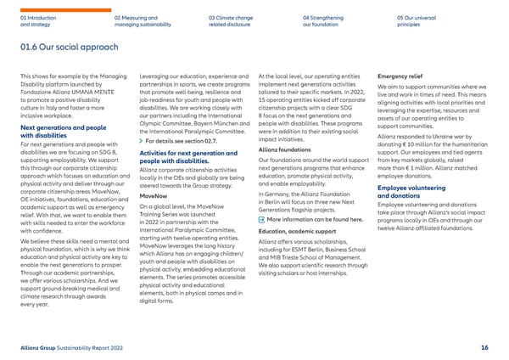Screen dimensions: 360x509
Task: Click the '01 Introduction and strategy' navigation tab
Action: pos(37,21)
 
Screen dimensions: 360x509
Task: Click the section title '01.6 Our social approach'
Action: pos(71,48)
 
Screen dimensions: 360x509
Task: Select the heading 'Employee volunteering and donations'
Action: pos(420,191)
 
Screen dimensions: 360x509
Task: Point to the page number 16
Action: pos(484,347)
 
